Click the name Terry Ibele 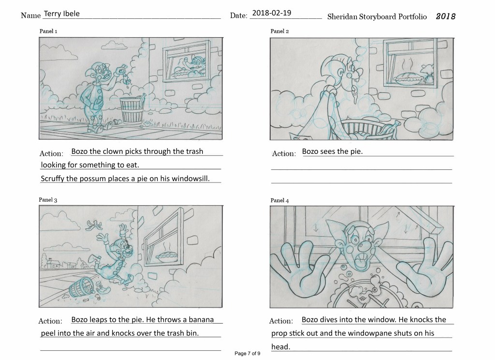[x=61, y=14]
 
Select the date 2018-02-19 [x=272, y=13]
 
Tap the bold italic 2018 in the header [x=446, y=16]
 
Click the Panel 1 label [x=48, y=31]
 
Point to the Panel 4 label [x=280, y=200]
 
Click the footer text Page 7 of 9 [x=247, y=354]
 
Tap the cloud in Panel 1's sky [x=113, y=45]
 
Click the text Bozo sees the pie [x=332, y=151]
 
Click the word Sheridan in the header [x=345, y=16]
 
